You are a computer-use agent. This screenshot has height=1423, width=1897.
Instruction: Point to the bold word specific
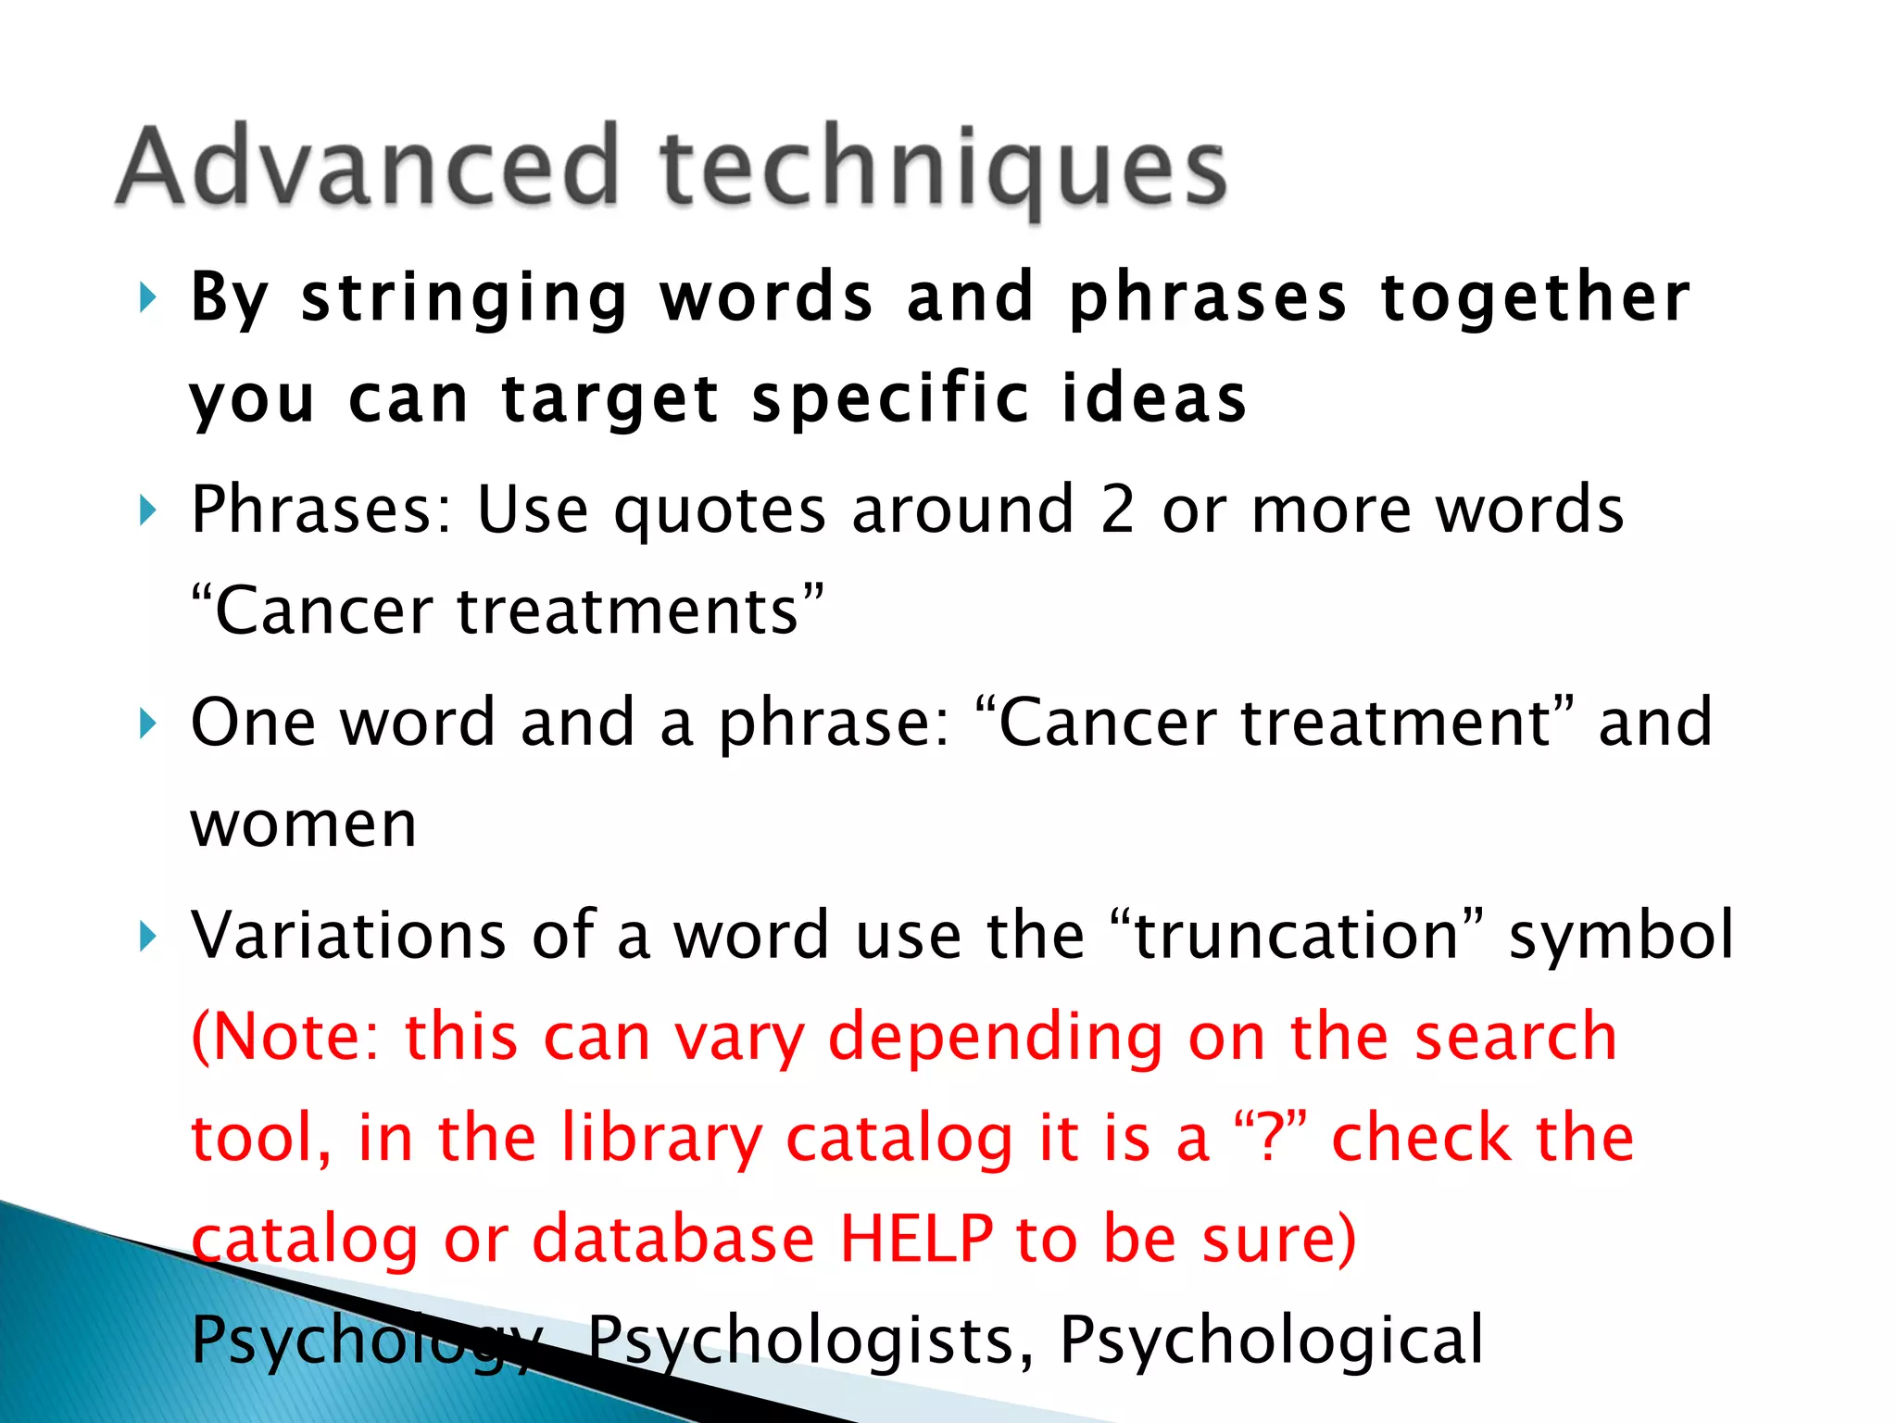tap(890, 399)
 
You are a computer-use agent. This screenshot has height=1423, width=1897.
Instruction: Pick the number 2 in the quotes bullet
tap(1118, 509)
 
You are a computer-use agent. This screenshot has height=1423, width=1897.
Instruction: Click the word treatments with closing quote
tap(640, 611)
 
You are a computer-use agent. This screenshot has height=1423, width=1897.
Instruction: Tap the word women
tap(304, 824)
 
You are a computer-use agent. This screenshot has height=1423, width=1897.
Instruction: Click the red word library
tap(661, 1139)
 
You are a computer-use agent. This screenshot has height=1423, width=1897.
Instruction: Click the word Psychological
tap(1271, 1340)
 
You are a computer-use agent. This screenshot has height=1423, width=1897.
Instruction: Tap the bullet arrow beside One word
tap(147, 723)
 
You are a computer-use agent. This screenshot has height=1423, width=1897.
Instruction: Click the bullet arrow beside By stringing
tap(147, 298)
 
